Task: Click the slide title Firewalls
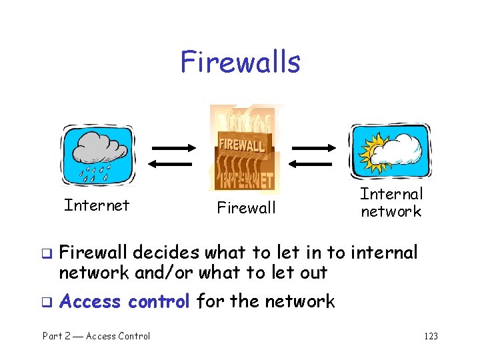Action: pyautogui.click(x=240, y=62)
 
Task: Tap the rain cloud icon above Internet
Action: pyautogui.click(x=98, y=155)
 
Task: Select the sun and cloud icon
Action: pyautogui.click(x=391, y=153)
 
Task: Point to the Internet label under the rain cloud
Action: pyautogui.click(x=97, y=205)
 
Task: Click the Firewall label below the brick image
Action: pyautogui.click(x=246, y=208)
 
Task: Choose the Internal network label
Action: pyautogui.click(x=391, y=203)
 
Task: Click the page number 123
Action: pyautogui.click(x=431, y=336)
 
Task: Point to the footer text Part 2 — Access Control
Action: pyautogui.click(x=97, y=336)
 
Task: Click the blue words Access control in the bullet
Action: pyautogui.click(x=125, y=301)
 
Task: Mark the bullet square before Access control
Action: pyautogui.click(x=47, y=302)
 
